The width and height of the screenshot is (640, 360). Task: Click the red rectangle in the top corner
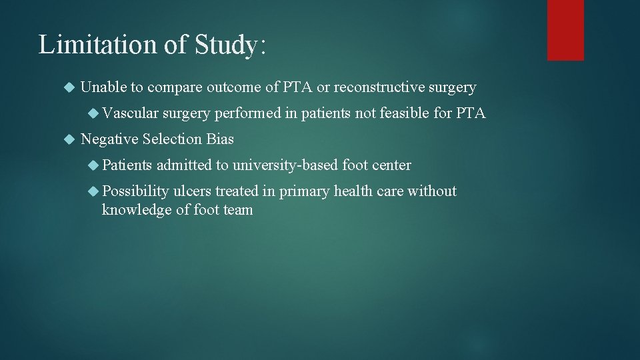tap(565, 30)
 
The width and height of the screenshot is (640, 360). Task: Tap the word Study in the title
tap(229, 45)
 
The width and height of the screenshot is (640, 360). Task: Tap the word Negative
tap(109, 139)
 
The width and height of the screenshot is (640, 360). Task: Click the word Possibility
tap(135, 191)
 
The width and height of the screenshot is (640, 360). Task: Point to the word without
tap(432, 191)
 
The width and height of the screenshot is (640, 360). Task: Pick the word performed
tap(247, 113)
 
